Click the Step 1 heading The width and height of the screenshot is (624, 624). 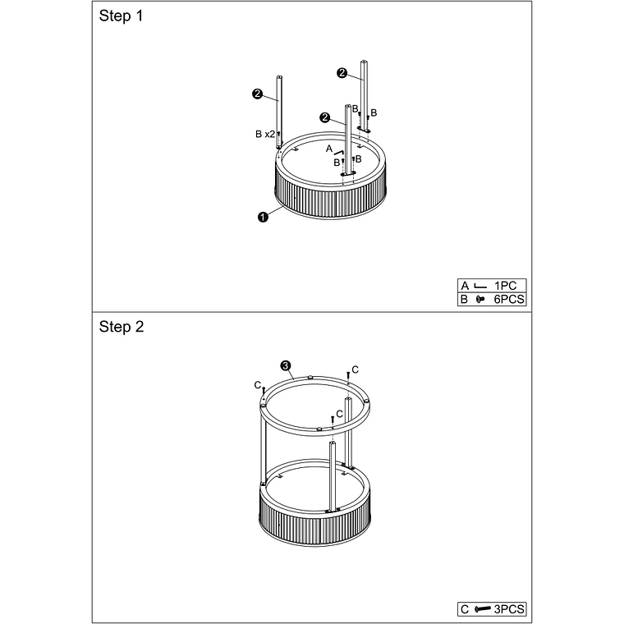(121, 16)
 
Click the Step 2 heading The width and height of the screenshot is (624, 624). (122, 327)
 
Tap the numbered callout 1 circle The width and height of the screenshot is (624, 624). (263, 217)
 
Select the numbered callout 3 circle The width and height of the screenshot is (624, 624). (286, 365)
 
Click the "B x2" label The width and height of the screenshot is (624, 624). (264, 134)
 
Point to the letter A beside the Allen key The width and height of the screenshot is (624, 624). (329, 149)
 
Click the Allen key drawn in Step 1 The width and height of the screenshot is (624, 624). (338, 153)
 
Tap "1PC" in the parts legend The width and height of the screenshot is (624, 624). (505, 286)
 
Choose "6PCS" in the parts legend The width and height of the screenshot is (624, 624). (509, 299)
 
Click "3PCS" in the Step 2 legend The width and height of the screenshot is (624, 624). (509, 609)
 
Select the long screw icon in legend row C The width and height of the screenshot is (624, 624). (483, 609)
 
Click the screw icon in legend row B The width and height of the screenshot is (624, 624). (480, 299)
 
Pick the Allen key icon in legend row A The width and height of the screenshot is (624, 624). (481, 286)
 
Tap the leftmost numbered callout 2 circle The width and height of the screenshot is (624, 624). (258, 94)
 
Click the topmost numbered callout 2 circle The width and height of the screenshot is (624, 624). (342, 73)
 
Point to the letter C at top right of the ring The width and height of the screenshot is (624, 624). (355, 369)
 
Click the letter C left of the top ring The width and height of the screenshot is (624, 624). (258, 385)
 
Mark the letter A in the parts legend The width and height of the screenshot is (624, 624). (465, 286)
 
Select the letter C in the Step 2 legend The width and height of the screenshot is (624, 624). (465, 609)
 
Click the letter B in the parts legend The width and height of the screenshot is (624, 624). (465, 299)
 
